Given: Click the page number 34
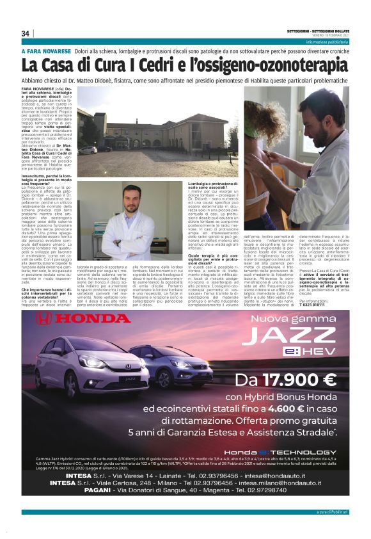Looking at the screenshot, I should (x=26, y=33).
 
